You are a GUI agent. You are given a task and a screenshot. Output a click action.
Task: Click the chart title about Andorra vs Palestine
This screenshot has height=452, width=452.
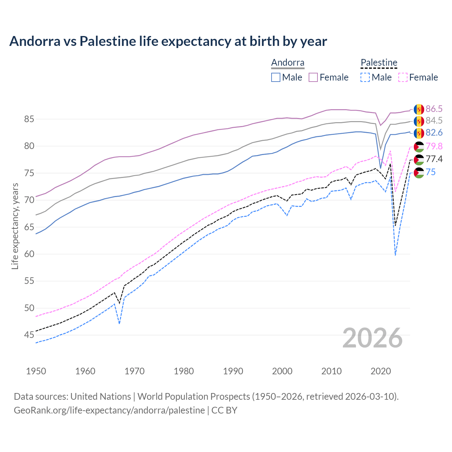168,41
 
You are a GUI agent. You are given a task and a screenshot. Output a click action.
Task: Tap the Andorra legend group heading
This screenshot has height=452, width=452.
287,63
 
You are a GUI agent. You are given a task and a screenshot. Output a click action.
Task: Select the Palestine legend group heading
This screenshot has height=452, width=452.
379,63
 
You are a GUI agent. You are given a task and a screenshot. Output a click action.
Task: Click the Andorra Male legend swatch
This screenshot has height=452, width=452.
276,77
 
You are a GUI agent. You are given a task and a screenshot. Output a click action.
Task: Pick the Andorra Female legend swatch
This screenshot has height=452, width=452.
313,77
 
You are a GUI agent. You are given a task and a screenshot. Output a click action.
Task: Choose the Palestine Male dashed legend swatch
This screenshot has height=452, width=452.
365,77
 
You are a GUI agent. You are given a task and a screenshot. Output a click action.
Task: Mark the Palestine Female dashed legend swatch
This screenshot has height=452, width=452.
403,77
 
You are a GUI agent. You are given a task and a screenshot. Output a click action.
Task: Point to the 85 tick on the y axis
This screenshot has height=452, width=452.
29,119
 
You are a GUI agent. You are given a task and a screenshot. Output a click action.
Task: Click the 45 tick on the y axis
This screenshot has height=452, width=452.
29,335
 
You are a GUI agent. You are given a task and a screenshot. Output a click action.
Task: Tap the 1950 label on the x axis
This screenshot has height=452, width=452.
36,371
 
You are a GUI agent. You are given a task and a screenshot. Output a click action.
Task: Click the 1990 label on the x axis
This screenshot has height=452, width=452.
233,371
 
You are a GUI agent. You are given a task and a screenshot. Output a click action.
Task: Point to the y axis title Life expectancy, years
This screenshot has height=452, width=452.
15,226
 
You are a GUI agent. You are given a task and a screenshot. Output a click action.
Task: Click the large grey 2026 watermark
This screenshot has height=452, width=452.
372,338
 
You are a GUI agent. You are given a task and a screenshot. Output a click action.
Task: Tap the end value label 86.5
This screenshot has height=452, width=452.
434,109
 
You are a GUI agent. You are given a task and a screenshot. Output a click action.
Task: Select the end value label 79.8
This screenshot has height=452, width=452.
434,146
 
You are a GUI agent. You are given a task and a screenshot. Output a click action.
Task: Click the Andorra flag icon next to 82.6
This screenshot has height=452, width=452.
419,133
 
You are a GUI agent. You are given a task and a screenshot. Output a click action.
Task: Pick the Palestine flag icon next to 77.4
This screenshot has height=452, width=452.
419,160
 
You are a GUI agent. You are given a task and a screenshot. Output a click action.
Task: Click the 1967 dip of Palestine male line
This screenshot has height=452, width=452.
120,323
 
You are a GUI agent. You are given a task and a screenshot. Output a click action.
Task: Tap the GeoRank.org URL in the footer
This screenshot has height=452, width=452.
109,410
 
